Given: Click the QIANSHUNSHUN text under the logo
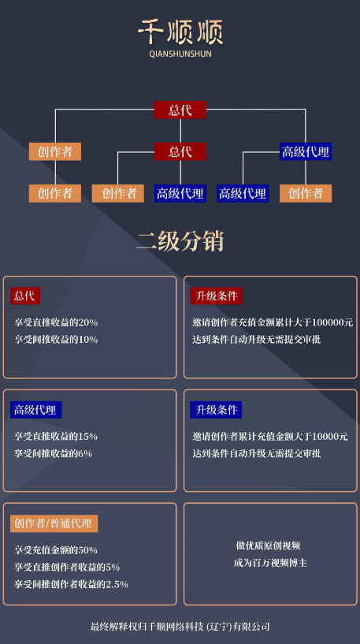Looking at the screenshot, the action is pos(180,54).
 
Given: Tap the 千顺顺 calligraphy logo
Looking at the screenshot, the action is pos(180,32).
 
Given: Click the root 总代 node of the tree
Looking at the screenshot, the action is pos(180,110).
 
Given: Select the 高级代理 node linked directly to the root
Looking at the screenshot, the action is pos(306,151).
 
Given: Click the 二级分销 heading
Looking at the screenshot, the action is pos(180,241).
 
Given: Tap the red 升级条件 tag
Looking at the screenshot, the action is pos(216,296).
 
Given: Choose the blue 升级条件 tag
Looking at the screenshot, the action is pos(216,410).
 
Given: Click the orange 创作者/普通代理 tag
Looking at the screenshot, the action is pos(54,523).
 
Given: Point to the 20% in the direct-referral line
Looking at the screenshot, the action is pos(88,322).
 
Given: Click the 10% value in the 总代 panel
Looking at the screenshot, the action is pos(88,340).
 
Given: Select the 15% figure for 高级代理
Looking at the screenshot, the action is pos(88,436).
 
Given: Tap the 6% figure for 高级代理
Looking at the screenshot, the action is pos(85,453).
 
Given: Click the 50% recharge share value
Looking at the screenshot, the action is pos(88,550).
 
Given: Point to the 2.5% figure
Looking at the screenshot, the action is pos(117,584).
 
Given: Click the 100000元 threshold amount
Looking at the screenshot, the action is pos(332,322).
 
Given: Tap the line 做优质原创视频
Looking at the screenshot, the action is pos(268,545).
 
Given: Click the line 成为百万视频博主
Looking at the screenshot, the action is pos(270,563).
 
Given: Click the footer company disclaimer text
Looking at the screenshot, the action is pos(180,627).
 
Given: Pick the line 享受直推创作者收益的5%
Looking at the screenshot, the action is pos(67,568).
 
